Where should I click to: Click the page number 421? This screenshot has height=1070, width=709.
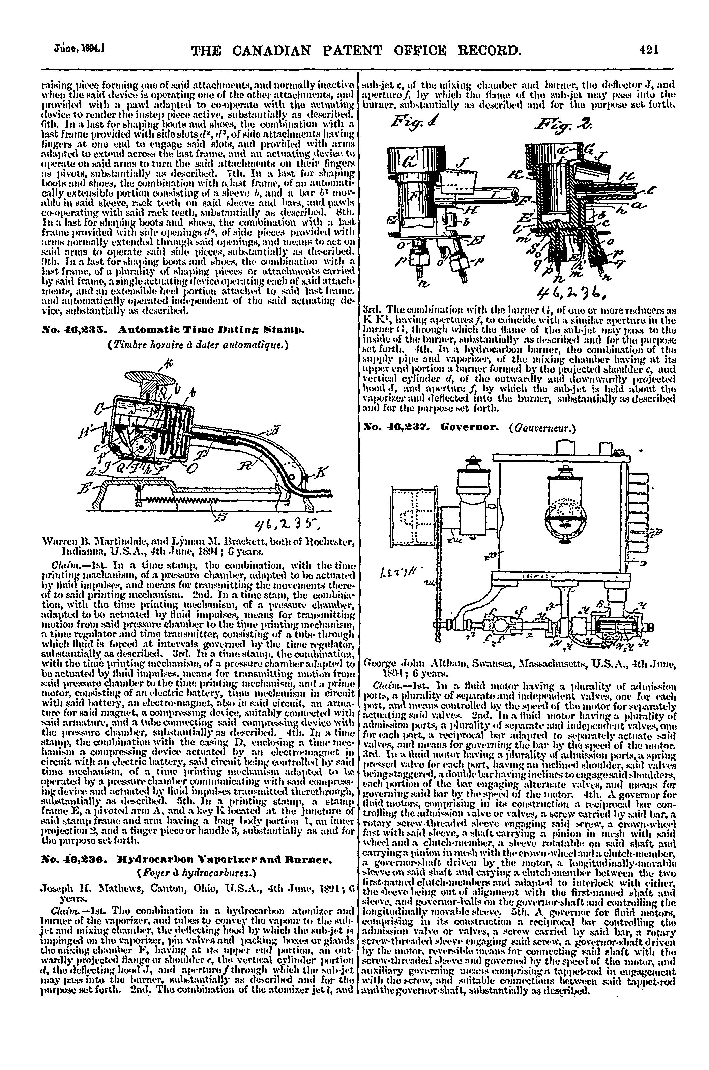coord(650,49)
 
